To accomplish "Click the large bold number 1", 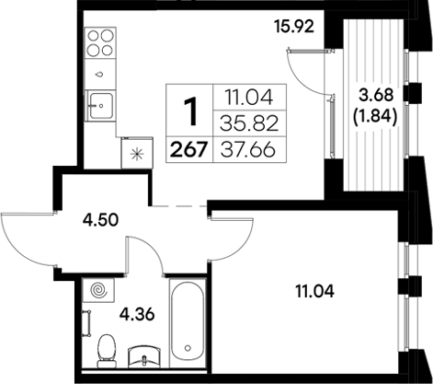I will [x=191, y=114].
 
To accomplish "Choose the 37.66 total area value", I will [x=245, y=147].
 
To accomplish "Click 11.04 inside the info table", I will [x=245, y=96].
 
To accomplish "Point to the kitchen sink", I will [x=99, y=104].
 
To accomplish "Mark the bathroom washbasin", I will [x=147, y=355].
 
